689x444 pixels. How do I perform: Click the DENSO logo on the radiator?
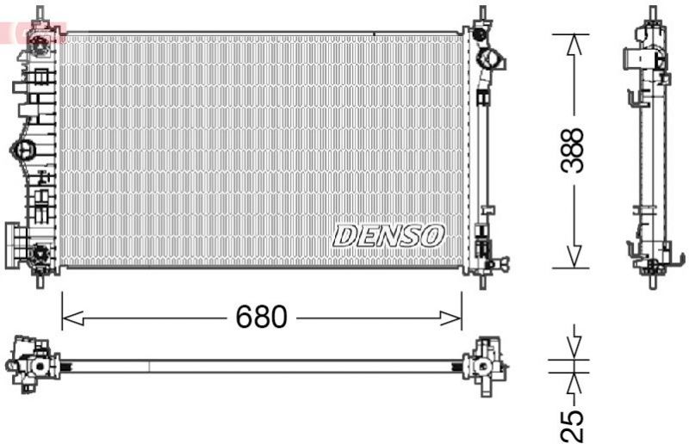(388, 235)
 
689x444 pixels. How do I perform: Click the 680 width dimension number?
(261, 318)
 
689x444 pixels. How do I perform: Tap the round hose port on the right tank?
(491, 60)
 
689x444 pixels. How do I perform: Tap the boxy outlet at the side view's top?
(642, 59)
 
